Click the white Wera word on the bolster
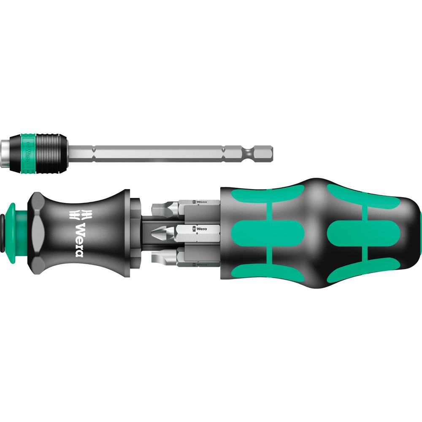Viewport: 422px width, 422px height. pyautogui.click(x=79, y=239)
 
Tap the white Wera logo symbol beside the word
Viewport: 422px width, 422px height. pyautogui.click(x=79, y=214)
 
